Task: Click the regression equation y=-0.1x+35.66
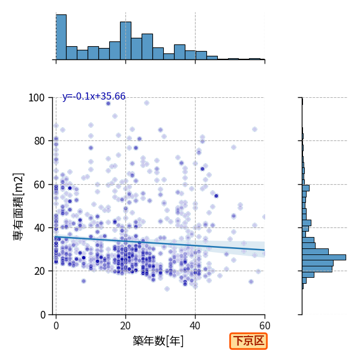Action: [x=94, y=97]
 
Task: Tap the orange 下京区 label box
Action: [x=248, y=341]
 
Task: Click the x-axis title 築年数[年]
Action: [x=158, y=341]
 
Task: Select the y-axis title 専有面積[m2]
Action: [x=19, y=207]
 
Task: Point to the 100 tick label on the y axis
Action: [x=36, y=98]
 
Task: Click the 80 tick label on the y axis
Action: [x=39, y=141]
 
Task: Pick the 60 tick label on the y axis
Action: [x=39, y=185]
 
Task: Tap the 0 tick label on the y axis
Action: [x=43, y=315]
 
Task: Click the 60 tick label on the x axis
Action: [x=265, y=326]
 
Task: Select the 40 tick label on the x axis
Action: [x=195, y=326]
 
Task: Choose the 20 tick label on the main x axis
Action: [x=125, y=326]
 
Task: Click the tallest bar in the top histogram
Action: [x=61, y=37]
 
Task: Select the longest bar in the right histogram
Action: [x=324, y=257]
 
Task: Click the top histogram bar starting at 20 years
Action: [x=125, y=41]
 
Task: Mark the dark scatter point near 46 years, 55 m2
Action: [x=216, y=196]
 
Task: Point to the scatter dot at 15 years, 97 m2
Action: [x=109, y=104]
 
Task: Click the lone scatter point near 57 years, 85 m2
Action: [x=254, y=129]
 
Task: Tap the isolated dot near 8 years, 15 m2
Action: [x=83, y=281]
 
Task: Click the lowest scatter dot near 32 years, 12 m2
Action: [x=167, y=289]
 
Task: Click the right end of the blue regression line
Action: [x=265, y=250]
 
